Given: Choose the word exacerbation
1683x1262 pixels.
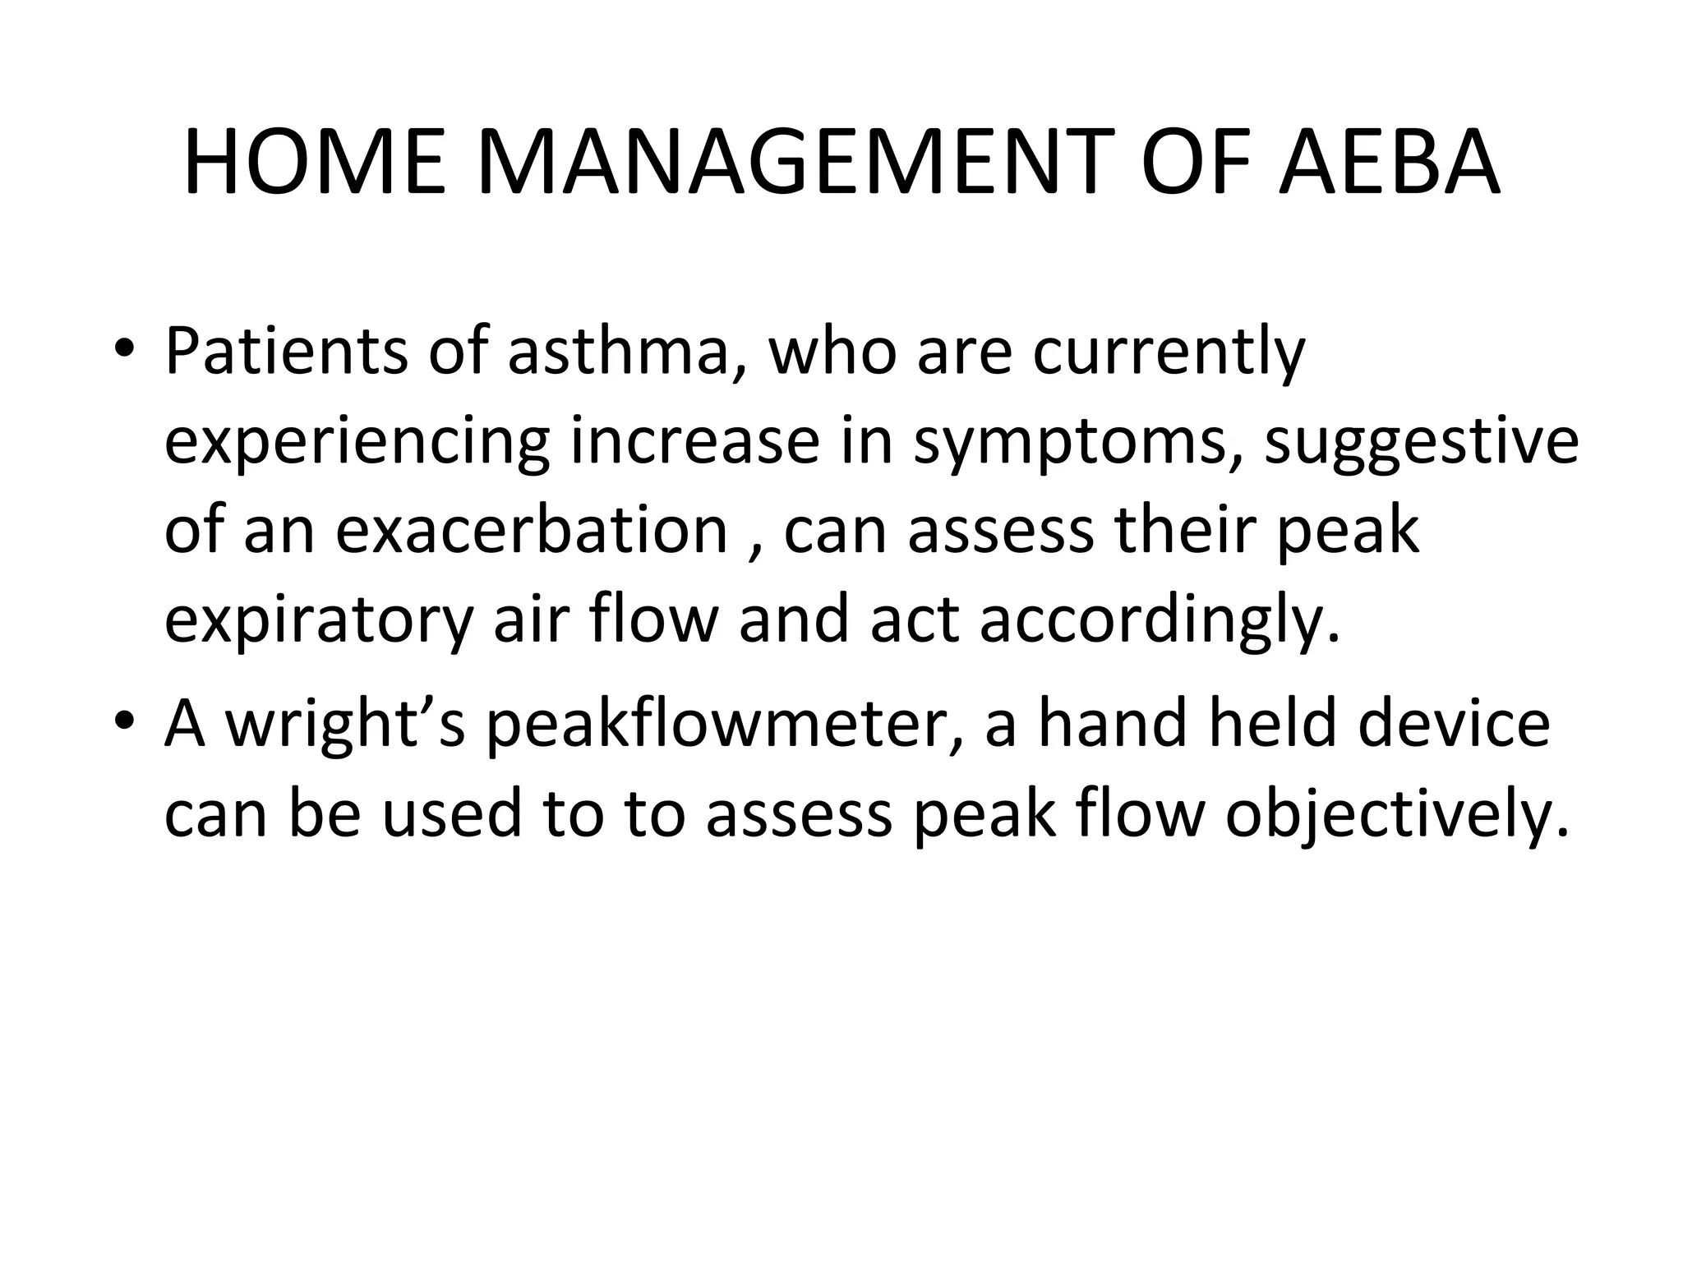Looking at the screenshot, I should point(532,530).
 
